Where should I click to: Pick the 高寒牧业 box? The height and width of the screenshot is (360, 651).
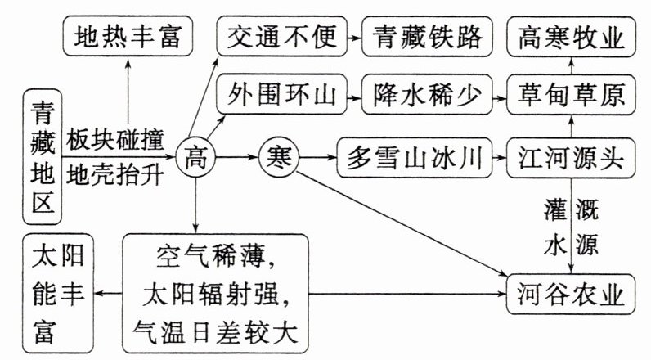click(572, 35)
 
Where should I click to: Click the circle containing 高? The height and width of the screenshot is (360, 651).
click(195, 154)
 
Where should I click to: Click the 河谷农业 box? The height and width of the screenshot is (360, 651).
click(572, 293)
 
